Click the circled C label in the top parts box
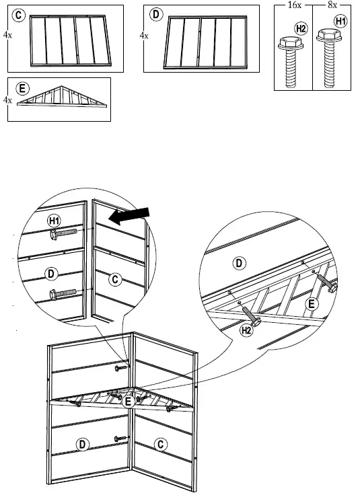(19, 15)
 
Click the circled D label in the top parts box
(156, 15)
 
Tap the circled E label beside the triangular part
(22, 89)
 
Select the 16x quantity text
(295, 5)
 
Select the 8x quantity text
(332, 5)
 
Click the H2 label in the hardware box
(301, 29)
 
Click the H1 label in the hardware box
(340, 21)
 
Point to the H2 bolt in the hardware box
(291, 62)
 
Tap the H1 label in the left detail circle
(55, 221)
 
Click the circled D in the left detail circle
(51, 274)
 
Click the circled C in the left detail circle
(115, 279)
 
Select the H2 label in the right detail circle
(246, 330)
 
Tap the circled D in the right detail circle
(239, 263)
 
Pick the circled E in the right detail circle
(312, 304)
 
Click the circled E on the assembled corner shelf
(128, 402)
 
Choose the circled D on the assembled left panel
(82, 445)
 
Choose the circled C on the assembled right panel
(161, 445)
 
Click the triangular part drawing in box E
(62, 97)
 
